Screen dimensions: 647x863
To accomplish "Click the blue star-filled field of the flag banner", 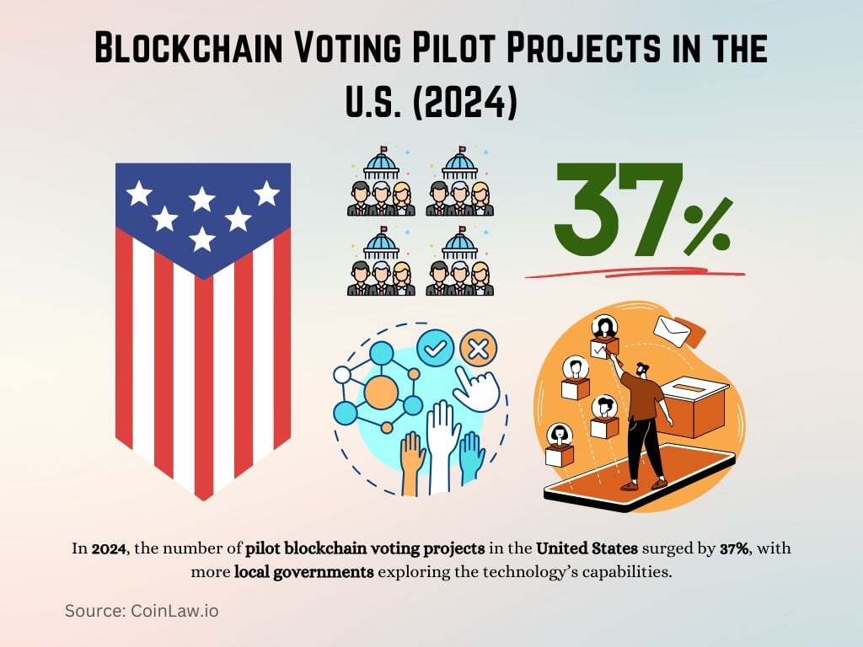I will pyautogui.click(x=202, y=211).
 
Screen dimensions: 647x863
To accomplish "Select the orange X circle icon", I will pyautogui.click(x=479, y=347).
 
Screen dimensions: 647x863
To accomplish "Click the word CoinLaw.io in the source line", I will pyautogui.click(x=172, y=611).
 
